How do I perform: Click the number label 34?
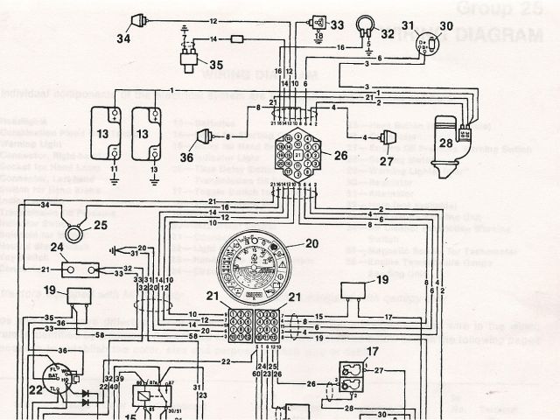click(x=124, y=38)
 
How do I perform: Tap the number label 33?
click(x=337, y=24)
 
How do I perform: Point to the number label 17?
click(x=373, y=353)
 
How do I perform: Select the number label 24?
click(x=55, y=248)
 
